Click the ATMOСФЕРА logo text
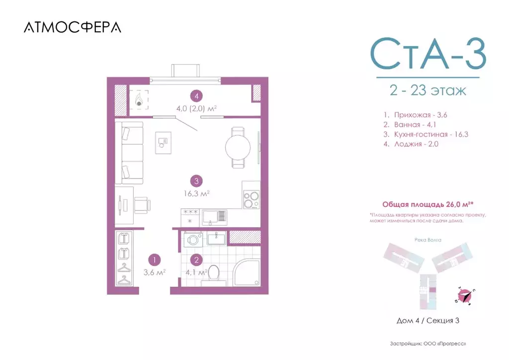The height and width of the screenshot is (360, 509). tap(72, 28)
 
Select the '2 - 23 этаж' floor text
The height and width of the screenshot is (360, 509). tap(427, 91)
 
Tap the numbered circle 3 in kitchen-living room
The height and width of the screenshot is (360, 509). tap(197, 181)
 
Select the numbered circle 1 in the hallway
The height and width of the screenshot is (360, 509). tap(155, 259)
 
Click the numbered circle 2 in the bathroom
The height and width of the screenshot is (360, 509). tap(197, 259)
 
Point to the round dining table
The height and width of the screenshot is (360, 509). tap(238, 147)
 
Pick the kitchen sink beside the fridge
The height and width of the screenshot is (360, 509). tap(217, 216)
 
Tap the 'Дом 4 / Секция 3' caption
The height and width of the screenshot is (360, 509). tap(427, 321)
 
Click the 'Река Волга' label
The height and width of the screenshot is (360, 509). tap(427, 240)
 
